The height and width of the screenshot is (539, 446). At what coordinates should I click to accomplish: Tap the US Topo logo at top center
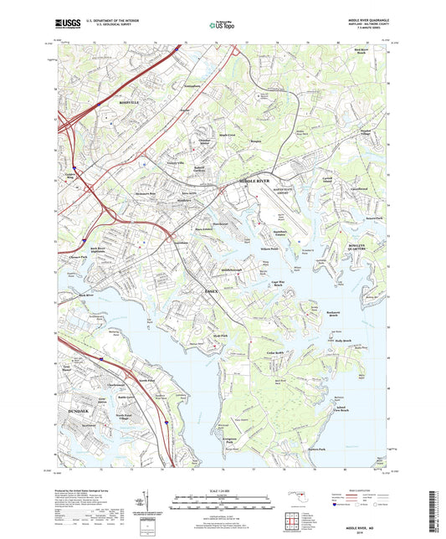coord(223,26)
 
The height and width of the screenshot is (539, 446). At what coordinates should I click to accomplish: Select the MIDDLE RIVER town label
coord(255,180)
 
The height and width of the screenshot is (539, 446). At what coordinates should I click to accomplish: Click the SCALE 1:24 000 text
coord(224,490)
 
